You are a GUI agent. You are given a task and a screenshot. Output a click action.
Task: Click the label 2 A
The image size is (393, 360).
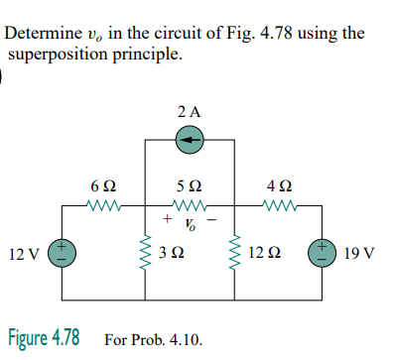click(191, 112)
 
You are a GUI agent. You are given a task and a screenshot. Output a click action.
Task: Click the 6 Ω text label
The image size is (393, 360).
click(102, 184)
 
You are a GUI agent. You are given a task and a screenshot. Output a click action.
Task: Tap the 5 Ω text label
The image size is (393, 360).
click(191, 184)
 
